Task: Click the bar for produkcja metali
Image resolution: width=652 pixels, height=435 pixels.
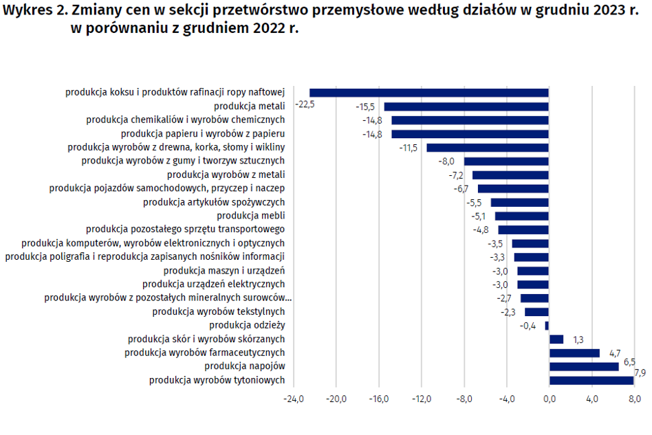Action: [x=466, y=107]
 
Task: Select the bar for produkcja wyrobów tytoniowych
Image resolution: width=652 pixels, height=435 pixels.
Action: [x=591, y=380]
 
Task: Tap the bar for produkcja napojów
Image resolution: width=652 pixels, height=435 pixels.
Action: [x=583, y=366]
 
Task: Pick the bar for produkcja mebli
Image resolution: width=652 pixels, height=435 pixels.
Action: [x=521, y=216]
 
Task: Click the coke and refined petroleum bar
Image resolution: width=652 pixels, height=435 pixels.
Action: [x=428, y=93]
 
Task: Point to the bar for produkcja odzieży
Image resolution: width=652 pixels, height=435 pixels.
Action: [x=547, y=326]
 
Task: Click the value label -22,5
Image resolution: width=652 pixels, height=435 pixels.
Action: [x=305, y=104]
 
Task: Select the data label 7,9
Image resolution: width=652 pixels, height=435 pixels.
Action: [x=640, y=373]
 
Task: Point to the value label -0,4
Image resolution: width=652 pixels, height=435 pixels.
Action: [x=528, y=326]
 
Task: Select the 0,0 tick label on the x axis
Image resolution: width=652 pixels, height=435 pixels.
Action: [x=549, y=399]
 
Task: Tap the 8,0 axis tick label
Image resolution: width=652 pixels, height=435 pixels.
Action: [x=633, y=399]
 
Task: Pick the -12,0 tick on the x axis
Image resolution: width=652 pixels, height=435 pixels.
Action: [x=422, y=399]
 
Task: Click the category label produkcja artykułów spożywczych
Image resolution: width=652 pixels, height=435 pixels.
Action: [x=213, y=202]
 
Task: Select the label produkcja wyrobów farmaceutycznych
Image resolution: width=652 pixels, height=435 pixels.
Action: [x=204, y=353]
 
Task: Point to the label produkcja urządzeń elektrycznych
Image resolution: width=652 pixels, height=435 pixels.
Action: [x=213, y=284]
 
